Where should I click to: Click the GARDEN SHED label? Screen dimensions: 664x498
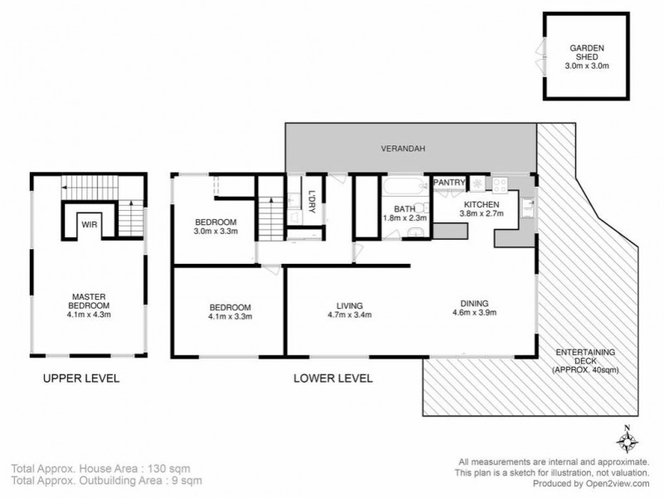point(587,52)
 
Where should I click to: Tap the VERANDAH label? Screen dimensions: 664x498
point(403,149)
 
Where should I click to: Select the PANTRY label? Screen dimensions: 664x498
point(449,183)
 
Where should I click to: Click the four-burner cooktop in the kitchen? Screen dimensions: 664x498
point(500,184)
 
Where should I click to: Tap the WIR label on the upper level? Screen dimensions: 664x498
point(90,224)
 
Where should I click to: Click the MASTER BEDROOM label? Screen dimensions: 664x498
point(89,301)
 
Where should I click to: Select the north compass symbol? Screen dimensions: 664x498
point(627,441)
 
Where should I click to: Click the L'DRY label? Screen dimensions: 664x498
point(312,202)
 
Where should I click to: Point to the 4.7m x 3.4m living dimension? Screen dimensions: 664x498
point(349,315)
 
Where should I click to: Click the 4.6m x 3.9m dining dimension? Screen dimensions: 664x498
point(474,313)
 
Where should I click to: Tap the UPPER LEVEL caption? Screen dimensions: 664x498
point(81,378)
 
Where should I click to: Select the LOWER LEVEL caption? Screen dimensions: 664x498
point(334,378)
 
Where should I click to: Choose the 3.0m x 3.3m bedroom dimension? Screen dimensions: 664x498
point(216,232)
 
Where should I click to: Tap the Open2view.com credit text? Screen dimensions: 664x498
point(618,484)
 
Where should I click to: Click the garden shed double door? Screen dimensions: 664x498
point(541,56)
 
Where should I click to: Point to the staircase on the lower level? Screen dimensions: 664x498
point(271,218)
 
